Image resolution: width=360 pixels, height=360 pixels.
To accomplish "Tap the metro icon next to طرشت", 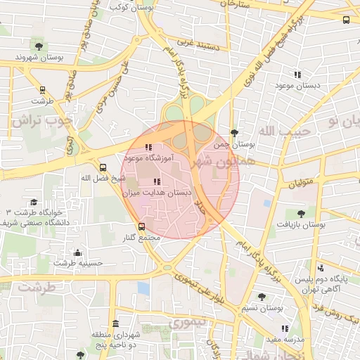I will (x=43, y=90).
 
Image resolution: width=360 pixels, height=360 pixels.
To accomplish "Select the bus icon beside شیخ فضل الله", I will (x=103, y=167).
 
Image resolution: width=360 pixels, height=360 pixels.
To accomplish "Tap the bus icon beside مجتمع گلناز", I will (x=142, y=226).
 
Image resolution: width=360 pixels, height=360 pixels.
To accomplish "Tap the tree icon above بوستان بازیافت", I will (x=301, y=213).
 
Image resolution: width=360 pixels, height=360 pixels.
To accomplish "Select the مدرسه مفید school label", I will (x=284, y=339).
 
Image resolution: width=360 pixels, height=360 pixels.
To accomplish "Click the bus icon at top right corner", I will (x=346, y=20).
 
